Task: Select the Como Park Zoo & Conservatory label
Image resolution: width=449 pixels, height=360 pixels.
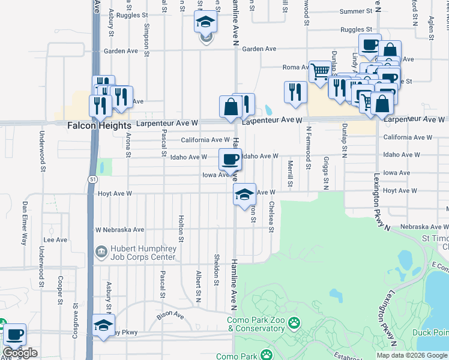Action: pyautogui.click(x=262, y=324)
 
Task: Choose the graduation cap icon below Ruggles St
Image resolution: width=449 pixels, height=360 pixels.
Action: pyautogui.click(x=205, y=23)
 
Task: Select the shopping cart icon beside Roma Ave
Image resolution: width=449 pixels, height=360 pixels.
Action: pyautogui.click(x=320, y=71)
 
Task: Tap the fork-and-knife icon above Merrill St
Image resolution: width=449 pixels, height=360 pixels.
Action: pyautogui.click(x=295, y=91)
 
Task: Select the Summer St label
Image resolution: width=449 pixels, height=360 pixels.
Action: pyautogui.click(x=360, y=11)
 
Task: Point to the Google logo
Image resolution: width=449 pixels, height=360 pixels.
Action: pyautogui.click(x=20, y=353)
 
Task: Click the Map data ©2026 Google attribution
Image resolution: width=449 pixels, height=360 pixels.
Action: pyautogui.click(x=412, y=355)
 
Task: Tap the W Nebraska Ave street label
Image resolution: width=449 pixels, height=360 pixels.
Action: pyautogui.click(x=120, y=229)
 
